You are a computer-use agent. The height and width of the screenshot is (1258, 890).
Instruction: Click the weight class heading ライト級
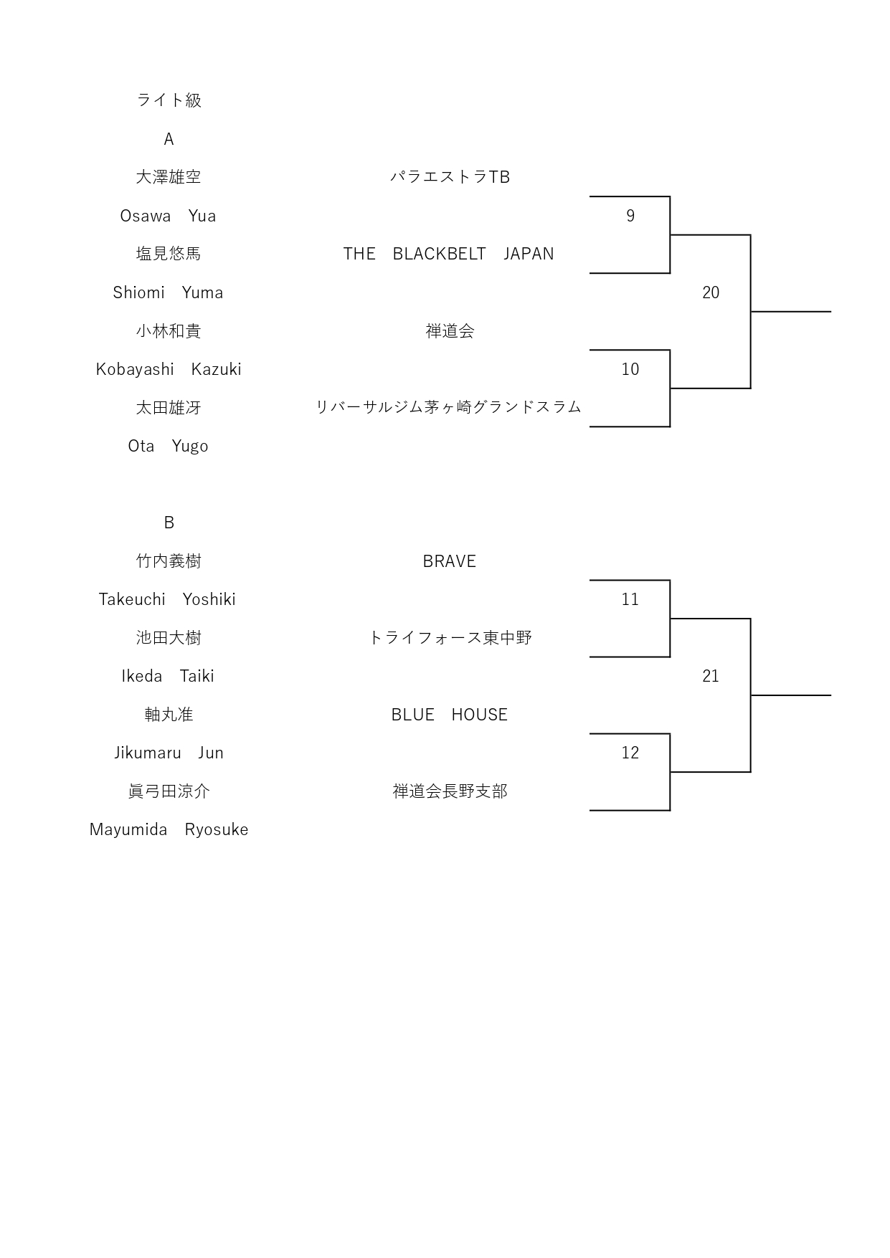point(169,100)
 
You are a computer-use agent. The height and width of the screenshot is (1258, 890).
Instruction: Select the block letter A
point(169,138)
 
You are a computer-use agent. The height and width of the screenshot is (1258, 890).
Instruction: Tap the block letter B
point(169,523)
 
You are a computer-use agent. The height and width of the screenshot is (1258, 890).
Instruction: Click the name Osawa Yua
point(168,216)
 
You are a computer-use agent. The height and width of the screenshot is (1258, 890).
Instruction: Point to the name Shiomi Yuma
point(168,292)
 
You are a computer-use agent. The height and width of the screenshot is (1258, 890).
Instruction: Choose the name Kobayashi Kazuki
point(169,369)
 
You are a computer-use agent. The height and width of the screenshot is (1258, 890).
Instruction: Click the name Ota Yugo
point(168,446)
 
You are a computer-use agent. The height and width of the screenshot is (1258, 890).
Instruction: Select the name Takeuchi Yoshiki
point(167,599)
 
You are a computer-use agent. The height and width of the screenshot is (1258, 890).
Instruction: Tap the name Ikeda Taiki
point(168,676)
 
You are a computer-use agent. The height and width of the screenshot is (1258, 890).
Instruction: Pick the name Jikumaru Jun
point(169,753)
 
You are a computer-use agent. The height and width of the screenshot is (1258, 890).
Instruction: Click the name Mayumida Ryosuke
point(169,829)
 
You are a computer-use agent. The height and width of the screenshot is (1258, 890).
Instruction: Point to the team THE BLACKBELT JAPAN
point(448,254)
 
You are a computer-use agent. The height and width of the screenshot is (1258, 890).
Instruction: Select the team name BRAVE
point(450,561)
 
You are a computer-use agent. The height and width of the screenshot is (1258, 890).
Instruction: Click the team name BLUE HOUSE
point(450,715)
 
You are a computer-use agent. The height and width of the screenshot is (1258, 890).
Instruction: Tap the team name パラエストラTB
point(450,177)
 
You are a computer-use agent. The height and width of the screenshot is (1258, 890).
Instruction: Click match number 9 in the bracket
point(630,216)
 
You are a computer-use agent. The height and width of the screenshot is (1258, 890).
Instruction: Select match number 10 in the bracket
point(630,369)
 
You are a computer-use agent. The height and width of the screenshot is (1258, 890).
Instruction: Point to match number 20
point(711,292)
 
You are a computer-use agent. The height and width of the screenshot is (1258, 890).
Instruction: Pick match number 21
point(711,676)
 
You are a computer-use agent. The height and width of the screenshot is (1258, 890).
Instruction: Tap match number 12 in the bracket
point(630,753)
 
